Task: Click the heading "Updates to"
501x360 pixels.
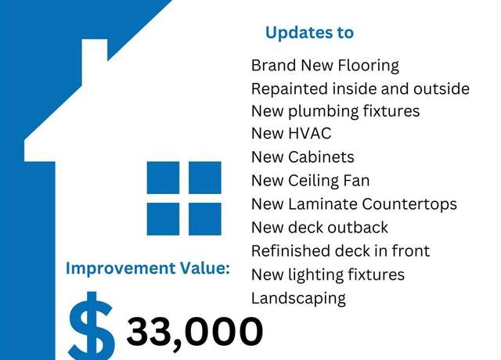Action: pos(309,33)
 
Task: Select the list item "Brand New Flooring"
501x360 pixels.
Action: pos(325,66)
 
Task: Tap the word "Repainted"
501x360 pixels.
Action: pos(290,89)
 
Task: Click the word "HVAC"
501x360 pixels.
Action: pos(309,134)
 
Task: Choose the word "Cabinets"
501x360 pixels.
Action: pos(321,157)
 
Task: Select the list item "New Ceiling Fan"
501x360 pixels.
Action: pos(310,181)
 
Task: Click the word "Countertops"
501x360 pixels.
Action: pos(409,204)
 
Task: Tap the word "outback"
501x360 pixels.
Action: pos(358,228)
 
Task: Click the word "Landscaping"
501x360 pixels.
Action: pos(298,299)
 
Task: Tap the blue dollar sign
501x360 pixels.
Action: pos(92,326)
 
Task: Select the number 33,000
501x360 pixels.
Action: pos(195,332)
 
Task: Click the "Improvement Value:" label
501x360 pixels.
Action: pos(148,268)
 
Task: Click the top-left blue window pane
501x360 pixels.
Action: pos(163,178)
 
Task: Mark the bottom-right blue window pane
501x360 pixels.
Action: pos(205,219)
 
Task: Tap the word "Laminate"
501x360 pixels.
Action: pos(323,204)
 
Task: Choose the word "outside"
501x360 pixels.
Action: pos(442,89)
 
